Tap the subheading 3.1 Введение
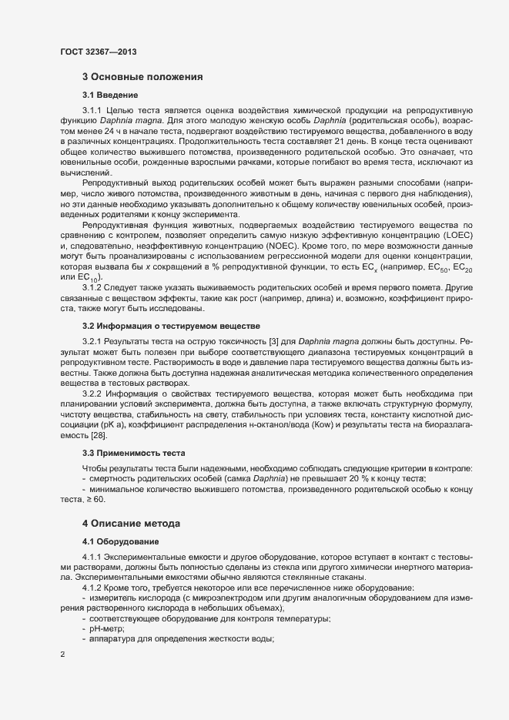[x=110, y=95]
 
